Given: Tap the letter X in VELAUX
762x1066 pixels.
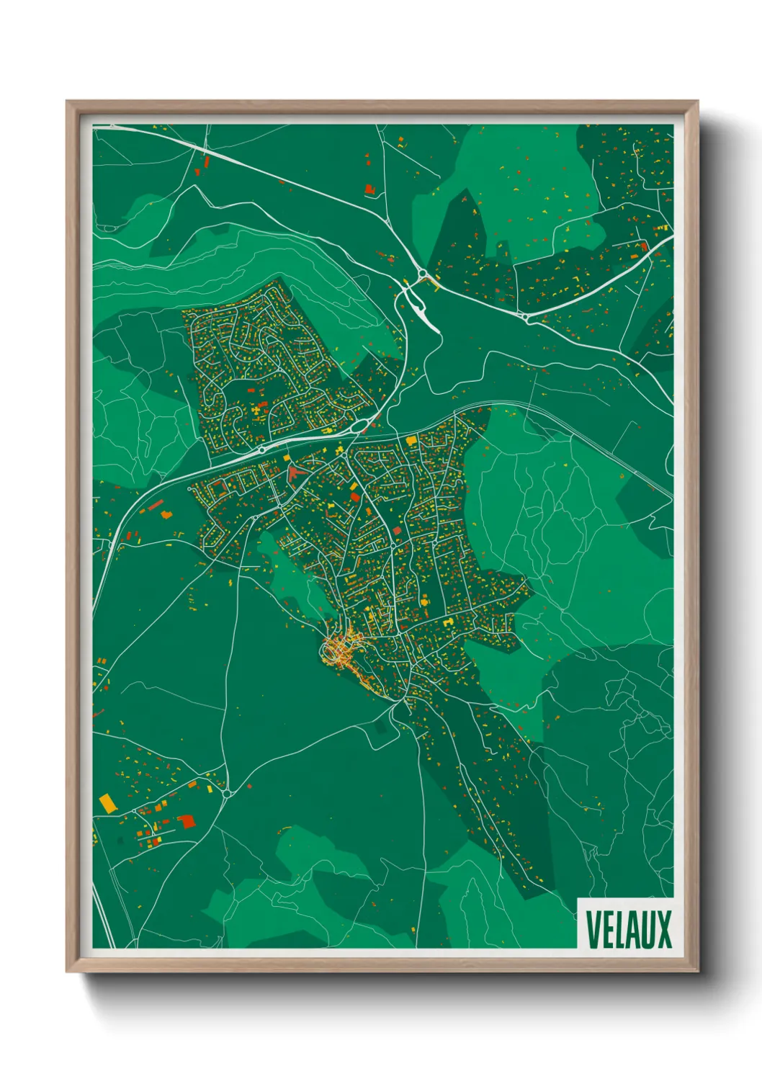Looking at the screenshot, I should click(x=663, y=930).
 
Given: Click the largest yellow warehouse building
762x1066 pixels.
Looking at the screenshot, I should click(x=107, y=802).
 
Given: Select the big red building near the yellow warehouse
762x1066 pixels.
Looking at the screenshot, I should click(x=187, y=820).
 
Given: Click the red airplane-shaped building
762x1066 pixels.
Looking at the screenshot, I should click(x=294, y=473).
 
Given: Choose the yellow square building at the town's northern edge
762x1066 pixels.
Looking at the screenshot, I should click(x=411, y=439).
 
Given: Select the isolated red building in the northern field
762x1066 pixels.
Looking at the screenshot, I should click(x=370, y=189).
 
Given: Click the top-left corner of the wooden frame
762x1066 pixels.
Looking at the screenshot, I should click(x=67, y=102).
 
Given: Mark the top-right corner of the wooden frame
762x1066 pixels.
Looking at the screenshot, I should click(x=698, y=102).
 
